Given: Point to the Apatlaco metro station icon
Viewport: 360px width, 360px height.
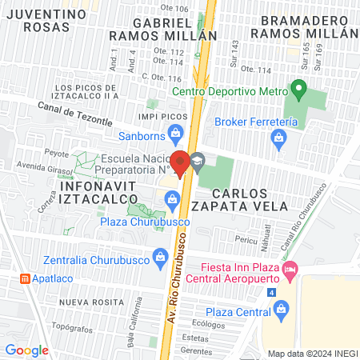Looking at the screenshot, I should pos(26,278).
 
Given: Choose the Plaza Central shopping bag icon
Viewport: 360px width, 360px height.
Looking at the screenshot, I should pos(279,312).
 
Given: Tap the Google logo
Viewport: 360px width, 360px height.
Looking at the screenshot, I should pos(27,350).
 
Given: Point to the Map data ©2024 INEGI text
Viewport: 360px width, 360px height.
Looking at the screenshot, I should pos(312,353).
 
